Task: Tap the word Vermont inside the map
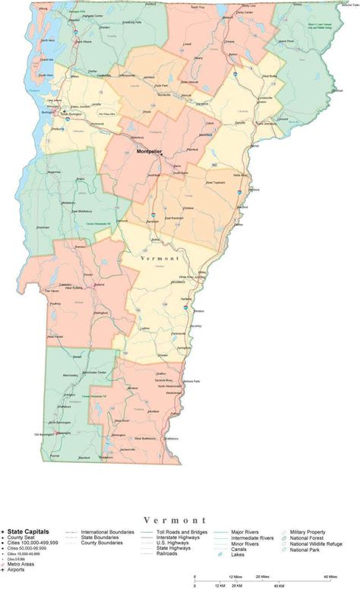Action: point(160,258)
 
